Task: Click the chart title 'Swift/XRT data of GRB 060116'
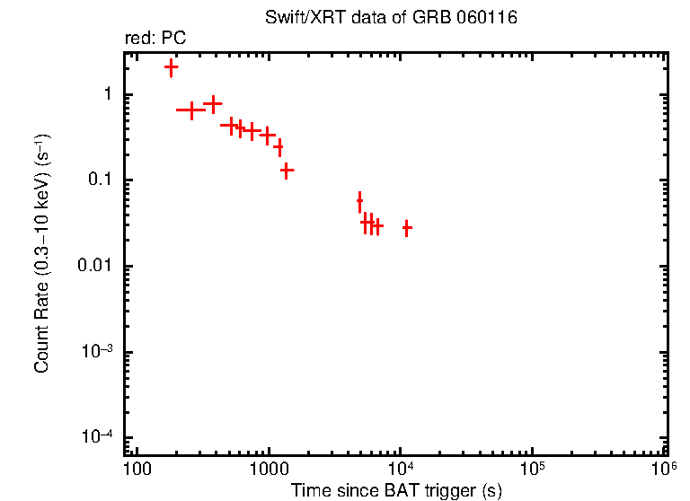(391, 18)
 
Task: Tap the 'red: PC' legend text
(155, 39)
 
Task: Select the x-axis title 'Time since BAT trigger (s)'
(396, 490)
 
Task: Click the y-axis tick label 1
(106, 95)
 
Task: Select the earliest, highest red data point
(171, 67)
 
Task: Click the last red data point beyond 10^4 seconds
(407, 228)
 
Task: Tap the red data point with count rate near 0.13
(287, 169)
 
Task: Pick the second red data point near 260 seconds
(191, 110)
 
